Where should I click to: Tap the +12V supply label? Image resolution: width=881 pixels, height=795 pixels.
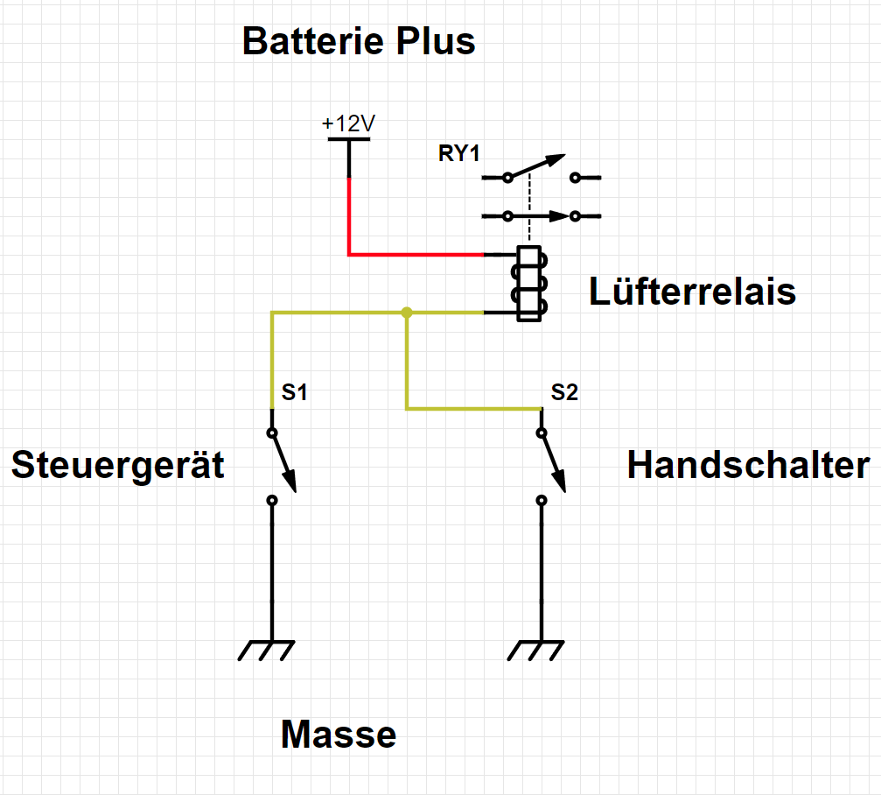point(348,123)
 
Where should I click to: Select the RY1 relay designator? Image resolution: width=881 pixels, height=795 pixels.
point(460,154)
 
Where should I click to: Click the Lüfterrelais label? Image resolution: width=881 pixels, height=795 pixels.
point(692,292)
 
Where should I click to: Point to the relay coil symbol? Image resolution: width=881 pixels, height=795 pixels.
point(530,283)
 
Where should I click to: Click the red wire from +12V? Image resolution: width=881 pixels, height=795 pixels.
point(411,255)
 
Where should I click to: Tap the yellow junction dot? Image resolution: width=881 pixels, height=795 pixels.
point(406,313)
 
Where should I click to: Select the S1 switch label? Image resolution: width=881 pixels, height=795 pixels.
point(294,393)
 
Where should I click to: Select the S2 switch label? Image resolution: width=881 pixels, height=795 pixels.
point(564,393)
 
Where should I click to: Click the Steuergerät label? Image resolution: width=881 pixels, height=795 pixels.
point(117,465)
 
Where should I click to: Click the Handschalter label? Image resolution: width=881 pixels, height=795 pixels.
point(748,465)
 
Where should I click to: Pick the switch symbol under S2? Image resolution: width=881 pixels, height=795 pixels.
point(550,465)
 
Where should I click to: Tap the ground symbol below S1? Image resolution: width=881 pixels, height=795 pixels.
point(266,650)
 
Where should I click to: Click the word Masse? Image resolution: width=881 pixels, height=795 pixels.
point(339,735)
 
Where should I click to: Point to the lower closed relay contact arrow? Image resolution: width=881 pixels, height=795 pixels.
point(537,215)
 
